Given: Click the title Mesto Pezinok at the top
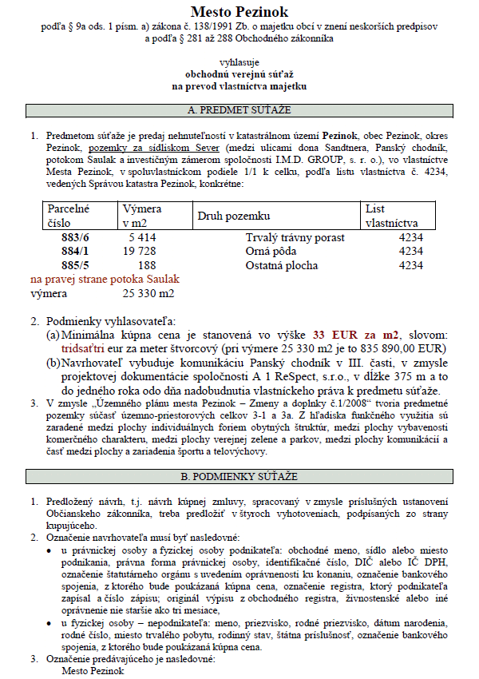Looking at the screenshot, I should (239, 11).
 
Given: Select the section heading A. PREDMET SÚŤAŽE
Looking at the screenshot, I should (239, 109).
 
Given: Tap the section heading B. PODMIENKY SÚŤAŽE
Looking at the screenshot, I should (239, 477).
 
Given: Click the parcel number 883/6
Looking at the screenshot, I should (77, 238).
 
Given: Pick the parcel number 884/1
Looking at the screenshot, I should (77, 252).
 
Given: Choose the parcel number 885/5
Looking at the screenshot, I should (77, 265).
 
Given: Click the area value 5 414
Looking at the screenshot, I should (141, 238).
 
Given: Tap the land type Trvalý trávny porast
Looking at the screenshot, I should (295, 238).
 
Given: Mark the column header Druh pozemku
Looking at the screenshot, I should (234, 216).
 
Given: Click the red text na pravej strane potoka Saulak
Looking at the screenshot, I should (105, 279).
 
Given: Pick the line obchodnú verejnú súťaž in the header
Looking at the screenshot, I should (239, 73).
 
